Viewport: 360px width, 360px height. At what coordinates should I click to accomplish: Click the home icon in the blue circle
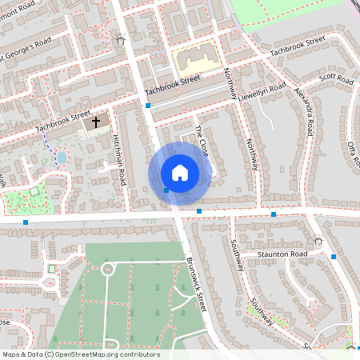(180, 172)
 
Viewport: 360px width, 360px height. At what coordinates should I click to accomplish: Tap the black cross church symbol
(97, 122)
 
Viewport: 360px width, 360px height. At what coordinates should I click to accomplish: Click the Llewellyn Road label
(262, 91)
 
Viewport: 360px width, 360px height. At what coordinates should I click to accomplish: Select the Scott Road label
(336, 80)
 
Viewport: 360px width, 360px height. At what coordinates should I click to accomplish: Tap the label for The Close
(202, 139)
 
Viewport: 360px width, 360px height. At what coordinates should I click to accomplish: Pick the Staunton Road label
(282, 254)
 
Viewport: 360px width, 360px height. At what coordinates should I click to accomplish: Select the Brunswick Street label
(197, 283)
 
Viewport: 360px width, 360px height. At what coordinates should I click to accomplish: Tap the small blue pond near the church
(62, 158)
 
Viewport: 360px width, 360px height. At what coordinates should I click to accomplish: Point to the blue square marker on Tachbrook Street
(148, 105)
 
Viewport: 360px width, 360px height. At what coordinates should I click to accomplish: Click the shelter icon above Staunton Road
(318, 240)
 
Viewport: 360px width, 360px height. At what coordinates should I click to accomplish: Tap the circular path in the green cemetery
(107, 269)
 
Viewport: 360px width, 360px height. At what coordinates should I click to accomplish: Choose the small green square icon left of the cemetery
(51, 267)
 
